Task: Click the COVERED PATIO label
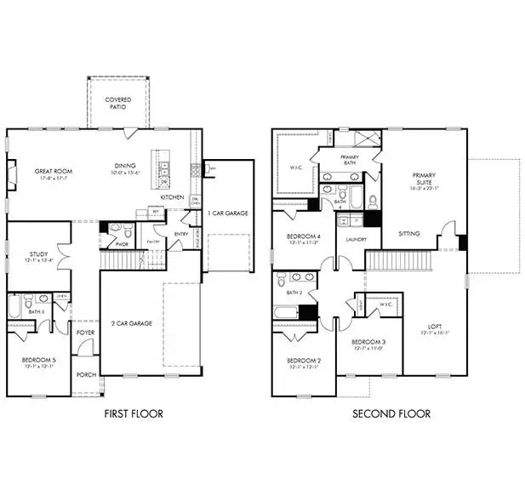(x=118, y=105)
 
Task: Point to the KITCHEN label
(x=173, y=197)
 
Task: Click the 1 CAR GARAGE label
(x=230, y=213)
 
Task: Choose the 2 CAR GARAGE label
(x=130, y=324)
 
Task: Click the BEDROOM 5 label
(x=38, y=361)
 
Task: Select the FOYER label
(x=85, y=333)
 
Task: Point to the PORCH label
(x=85, y=374)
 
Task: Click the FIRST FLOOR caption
(x=134, y=414)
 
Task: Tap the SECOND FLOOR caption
(x=392, y=414)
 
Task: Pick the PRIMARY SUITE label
(x=424, y=179)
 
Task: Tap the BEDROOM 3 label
(x=369, y=343)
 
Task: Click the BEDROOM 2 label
(x=303, y=361)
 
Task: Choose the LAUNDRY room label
(x=356, y=239)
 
